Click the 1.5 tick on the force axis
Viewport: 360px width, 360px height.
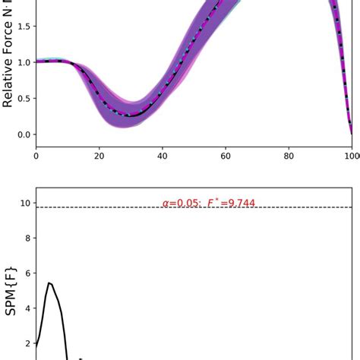click(24, 26)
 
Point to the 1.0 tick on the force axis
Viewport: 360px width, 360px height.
click(24, 62)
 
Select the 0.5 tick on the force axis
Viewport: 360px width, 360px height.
click(24, 99)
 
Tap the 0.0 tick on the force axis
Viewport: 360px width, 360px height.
click(24, 134)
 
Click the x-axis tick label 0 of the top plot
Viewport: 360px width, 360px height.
click(36, 156)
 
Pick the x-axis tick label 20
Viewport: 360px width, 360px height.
click(99, 156)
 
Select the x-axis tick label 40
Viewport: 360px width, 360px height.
click(162, 156)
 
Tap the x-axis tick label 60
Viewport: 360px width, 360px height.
click(226, 156)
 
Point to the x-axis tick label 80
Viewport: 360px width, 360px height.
click(289, 156)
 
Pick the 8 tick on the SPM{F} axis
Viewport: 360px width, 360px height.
click(27, 238)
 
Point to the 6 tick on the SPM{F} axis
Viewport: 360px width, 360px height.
click(27, 273)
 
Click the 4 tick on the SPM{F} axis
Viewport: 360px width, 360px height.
click(27, 308)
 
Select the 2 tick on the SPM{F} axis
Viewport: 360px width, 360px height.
click(27, 343)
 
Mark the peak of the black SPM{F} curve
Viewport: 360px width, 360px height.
click(49, 283)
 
